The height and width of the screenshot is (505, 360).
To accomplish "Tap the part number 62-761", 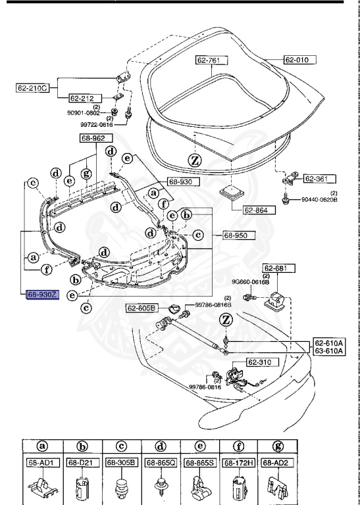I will click(x=211, y=60).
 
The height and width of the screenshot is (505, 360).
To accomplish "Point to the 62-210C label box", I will click(x=34, y=87).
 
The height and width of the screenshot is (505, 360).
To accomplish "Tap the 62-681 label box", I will click(x=277, y=268).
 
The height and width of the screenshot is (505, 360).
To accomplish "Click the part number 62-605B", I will click(x=141, y=307).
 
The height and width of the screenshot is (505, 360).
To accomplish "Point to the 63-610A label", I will click(x=328, y=351).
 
